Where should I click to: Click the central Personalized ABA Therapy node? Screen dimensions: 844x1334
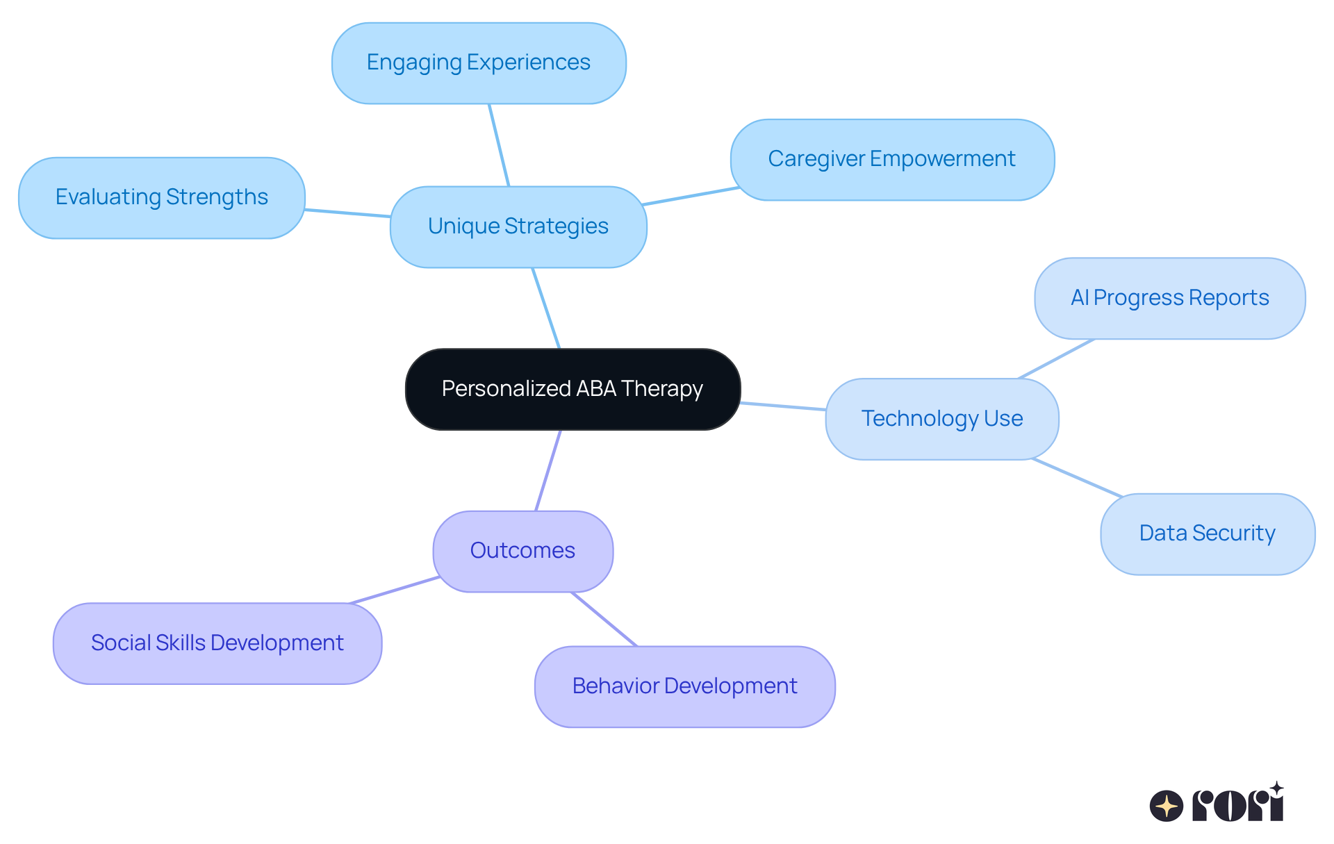point(573,389)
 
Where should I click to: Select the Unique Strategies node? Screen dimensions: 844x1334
point(518,226)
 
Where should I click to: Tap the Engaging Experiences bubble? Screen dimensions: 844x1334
point(479,63)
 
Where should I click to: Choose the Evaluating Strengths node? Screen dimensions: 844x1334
point(161,197)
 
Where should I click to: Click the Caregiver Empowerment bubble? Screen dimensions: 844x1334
point(892,159)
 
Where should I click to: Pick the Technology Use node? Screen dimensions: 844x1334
point(941,419)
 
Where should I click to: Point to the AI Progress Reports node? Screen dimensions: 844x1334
point(1169,298)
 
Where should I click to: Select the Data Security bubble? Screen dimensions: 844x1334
point(1207,533)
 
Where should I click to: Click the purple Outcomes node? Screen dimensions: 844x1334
point(522,551)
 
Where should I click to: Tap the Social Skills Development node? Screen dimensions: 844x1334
point(217,643)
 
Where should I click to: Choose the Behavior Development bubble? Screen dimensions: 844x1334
point(684,686)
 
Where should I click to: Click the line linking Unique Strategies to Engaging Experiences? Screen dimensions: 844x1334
point(499,144)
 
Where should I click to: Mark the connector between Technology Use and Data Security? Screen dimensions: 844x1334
point(1077,477)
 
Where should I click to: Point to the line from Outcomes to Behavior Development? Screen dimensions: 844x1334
point(604,619)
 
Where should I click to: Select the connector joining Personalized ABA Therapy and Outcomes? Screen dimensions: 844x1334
point(548,470)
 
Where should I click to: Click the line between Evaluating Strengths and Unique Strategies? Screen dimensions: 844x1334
point(347,213)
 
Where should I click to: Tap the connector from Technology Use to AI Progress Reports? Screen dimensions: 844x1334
point(1056,359)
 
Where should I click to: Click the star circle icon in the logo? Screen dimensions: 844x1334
point(1166,806)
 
